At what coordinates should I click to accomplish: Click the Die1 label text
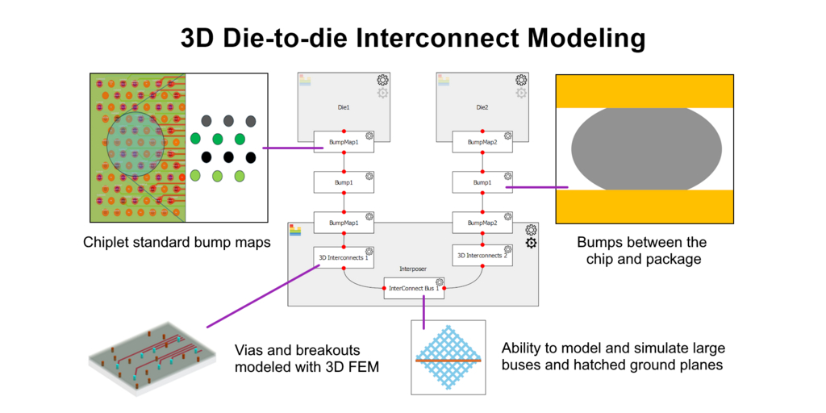(343, 106)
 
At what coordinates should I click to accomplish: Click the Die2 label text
(482, 106)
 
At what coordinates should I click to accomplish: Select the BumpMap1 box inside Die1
(344, 142)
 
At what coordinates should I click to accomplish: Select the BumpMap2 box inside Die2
(482, 142)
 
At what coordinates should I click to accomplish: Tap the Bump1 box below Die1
(344, 182)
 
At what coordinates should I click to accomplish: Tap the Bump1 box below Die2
(482, 182)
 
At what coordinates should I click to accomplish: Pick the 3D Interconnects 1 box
(344, 257)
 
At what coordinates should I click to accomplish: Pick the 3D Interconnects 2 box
(482, 257)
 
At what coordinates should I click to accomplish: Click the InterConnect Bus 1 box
(414, 288)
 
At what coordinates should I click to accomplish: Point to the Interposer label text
(412, 269)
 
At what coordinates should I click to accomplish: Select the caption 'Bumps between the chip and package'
(642, 250)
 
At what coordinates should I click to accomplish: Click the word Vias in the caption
(251, 351)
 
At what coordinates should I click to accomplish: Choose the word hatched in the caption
(570, 365)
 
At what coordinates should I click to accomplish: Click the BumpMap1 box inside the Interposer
(344, 222)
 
